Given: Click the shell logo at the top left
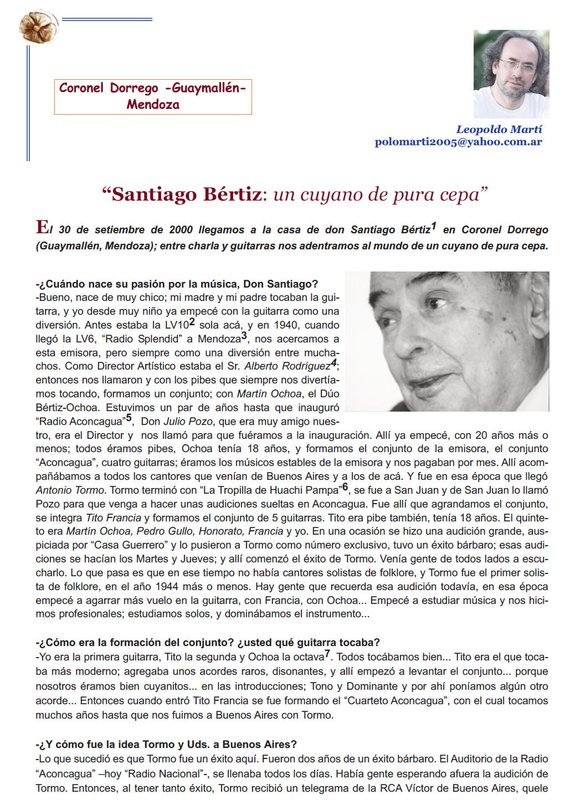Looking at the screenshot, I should [x=38, y=26].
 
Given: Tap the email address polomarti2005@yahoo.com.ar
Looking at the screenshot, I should [x=458, y=142].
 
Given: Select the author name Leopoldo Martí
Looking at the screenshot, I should [x=499, y=129].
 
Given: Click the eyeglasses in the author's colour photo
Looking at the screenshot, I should [x=516, y=65].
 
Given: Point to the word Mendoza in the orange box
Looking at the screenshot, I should [x=153, y=105].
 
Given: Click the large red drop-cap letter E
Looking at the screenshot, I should [x=42, y=227].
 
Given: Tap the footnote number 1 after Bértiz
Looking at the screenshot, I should [x=434, y=226].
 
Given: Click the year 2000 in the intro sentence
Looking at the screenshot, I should [x=181, y=230].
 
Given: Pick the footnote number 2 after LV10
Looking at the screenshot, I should [x=192, y=322].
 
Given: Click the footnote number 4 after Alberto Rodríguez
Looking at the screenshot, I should [x=333, y=363].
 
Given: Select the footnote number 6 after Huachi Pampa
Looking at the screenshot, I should [x=346, y=487].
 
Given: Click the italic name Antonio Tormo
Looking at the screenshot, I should [x=70, y=490].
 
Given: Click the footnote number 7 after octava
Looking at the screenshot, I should [x=327, y=654].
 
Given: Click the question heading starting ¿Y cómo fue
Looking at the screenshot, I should [x=166, y=744].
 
